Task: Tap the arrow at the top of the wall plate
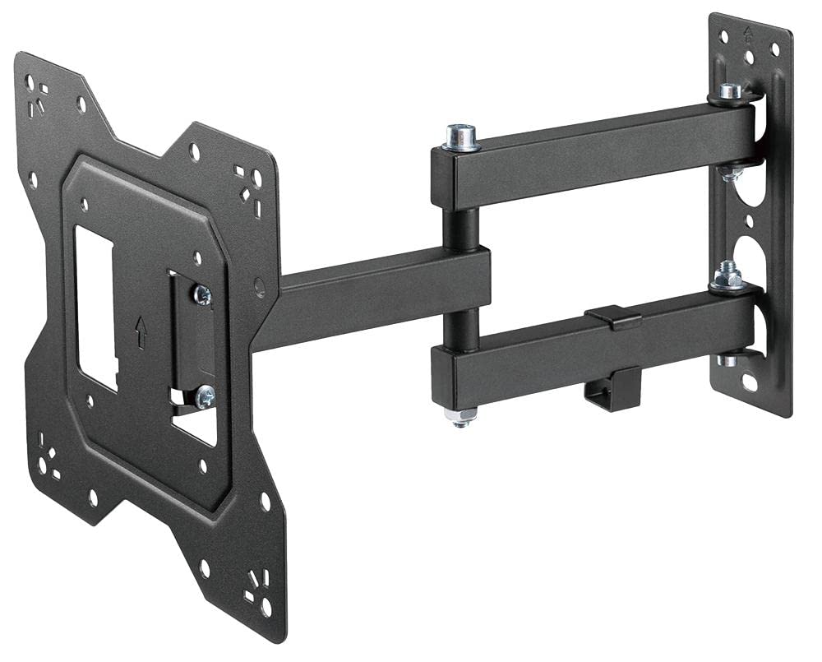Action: [x=748, y=35]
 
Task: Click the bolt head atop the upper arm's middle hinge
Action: [x=463, y=137]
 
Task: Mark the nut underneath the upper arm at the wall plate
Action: [x=728, y=172]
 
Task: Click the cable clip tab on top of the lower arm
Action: [x=614, y=316]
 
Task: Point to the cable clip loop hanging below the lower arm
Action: [x=611, y=386]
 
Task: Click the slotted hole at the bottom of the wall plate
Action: [x=751, y=383]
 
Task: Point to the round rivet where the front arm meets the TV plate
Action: [x=260, y=287]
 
